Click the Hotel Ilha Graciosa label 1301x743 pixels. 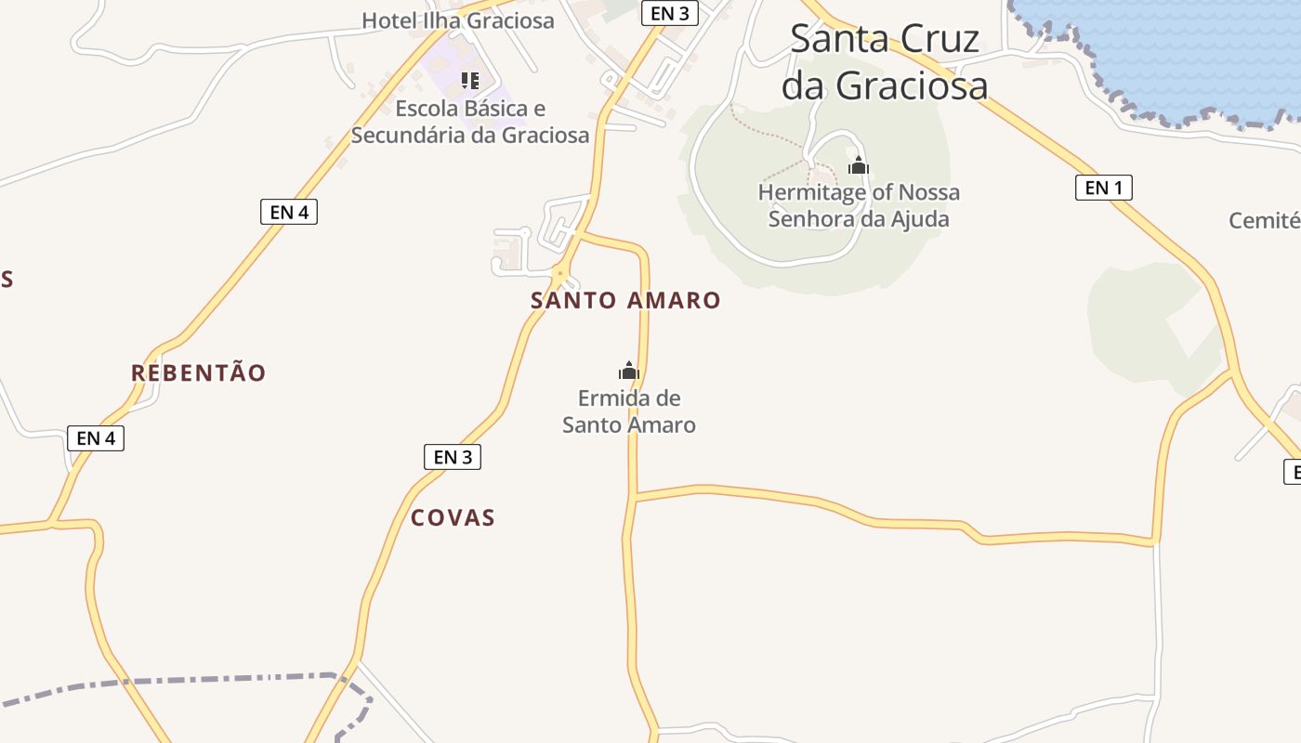[457, 20]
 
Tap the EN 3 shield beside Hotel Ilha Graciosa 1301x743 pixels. [669, 13]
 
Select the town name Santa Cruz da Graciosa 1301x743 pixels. [884, 62]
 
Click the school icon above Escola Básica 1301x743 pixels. [470, 81]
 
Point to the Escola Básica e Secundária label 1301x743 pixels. [470, 122]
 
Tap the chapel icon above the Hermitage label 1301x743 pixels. [858, 166]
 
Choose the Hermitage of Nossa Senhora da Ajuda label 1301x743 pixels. [859, 205]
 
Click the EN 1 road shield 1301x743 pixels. [1104, 188]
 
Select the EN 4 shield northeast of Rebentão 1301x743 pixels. [289, 212]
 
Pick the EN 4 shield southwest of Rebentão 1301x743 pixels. [96, 438]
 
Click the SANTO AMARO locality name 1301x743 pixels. [625, 300]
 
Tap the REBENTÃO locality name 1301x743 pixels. [198, 373]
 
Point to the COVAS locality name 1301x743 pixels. [453, 518]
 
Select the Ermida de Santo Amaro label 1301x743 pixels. [629, 411]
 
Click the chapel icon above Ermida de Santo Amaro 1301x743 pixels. [629, 371]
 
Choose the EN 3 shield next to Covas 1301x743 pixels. [453, 457]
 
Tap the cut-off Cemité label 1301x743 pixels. [1264, 221]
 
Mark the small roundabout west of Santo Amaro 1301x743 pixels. [559, 274]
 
